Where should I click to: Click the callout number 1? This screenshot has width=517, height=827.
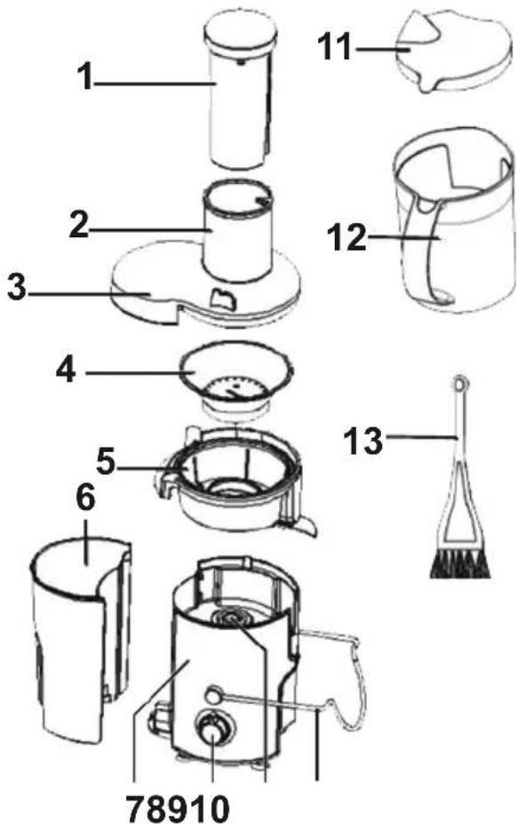point(84,77)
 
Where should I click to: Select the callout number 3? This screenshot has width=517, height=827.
point(16,288)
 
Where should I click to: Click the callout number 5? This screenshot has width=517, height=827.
point(106,462)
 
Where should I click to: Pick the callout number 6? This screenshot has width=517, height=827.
point(85,498)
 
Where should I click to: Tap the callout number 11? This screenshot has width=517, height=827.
point(335,46)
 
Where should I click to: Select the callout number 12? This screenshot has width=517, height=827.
point(346,237)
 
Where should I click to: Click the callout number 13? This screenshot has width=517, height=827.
point(363,441)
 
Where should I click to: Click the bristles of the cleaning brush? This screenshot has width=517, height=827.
point(460,564)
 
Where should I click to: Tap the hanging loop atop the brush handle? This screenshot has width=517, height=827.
point(460,384)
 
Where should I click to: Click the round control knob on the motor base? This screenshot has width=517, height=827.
point(212,732)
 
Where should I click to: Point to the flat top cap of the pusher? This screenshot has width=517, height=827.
point(241,33)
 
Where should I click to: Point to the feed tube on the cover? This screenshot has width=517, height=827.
point(238,231)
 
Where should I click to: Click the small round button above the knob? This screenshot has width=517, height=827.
point(213,694)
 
